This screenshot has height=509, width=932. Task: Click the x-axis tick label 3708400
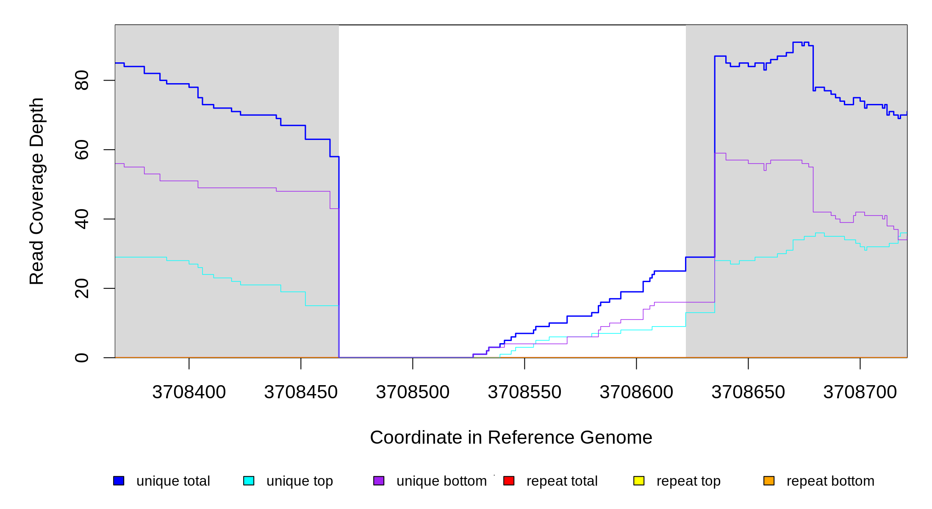pos(189,392)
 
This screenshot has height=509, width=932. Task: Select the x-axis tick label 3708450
pos(301,392)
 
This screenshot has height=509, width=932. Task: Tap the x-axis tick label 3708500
pos(413,392)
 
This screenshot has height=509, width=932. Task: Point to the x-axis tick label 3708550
pos(524,392)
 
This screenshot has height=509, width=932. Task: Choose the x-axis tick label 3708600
pos(636,392)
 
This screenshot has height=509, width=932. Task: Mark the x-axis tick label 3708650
pos(748,392)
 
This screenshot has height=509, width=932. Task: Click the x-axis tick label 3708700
pos(860,392)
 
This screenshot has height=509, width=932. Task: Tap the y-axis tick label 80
pos(82,80)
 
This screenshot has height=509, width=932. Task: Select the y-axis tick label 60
pos(82,150)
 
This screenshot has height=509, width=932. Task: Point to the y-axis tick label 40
pos(82,219)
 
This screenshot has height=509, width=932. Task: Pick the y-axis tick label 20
pos(82,288)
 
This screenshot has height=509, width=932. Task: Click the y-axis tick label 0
pos(82,358)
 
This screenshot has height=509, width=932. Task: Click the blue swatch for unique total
pos(119,481)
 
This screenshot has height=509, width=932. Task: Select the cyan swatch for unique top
pos(249,481)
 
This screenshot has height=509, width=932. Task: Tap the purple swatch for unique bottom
pos(379,481)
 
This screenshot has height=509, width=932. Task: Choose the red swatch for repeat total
pos(509,481)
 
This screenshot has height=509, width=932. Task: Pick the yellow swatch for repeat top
pos(639,481)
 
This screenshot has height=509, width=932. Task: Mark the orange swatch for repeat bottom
pos(769,481)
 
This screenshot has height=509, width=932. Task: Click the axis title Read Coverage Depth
pos(37,191)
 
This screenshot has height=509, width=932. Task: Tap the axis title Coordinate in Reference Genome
pos(511,437)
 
